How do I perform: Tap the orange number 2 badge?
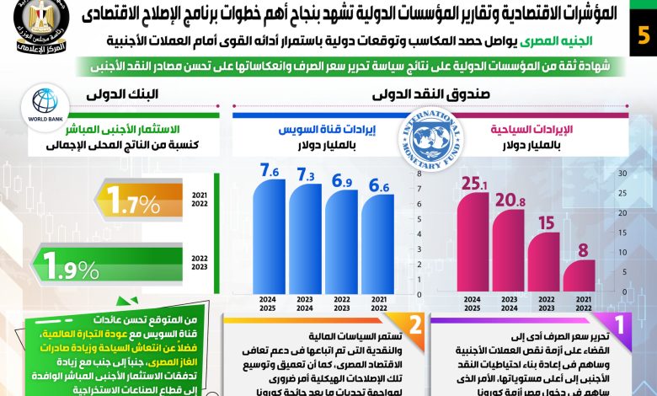[x=413, y=324]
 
